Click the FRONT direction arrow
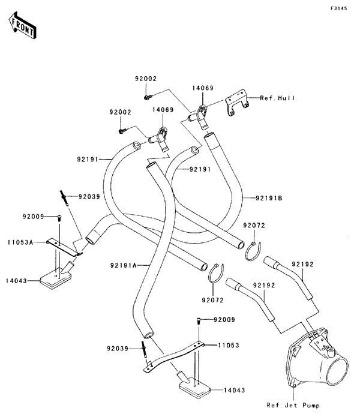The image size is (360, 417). (x=22, y=25)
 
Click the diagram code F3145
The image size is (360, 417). (x=339, y=8)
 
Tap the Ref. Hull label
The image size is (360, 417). (x=277, y=98)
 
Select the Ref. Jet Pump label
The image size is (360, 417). (x=293, y=405)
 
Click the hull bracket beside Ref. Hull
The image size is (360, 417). (x=236, y=103)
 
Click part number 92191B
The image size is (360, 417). (x=269, y=198)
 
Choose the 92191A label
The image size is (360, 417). (x=124, y=265)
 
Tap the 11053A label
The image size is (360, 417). (x=20, y=242)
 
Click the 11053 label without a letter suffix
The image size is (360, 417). (x=229, y=345)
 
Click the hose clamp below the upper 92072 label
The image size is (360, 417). (x=253, y=251)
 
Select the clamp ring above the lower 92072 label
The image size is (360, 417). (x=215, y=273)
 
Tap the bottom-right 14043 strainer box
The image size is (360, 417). (x=194, y=384)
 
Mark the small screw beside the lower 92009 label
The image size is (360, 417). (x=199, y=321)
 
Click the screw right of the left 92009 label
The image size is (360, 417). (x=59, y=218)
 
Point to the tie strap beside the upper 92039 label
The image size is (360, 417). (x=64, y=198)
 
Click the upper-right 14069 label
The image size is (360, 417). (x=203, y=88)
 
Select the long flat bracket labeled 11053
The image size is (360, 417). (x=174, y=357)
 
